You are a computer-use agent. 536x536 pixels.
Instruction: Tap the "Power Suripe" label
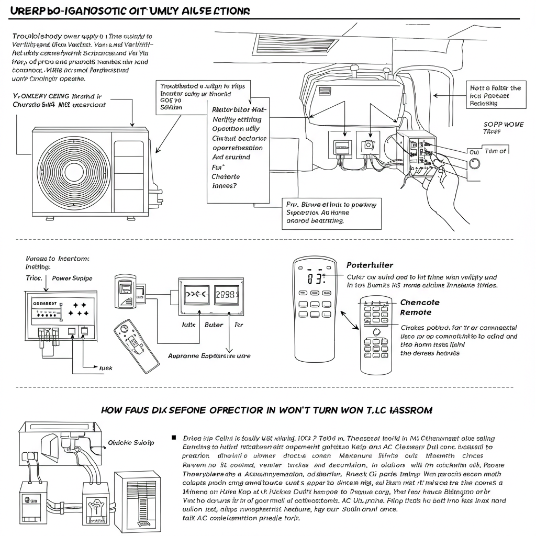tap(72, 278)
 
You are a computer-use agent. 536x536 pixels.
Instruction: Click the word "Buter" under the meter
tap(214, 325)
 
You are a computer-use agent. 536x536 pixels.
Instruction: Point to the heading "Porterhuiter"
tap(370, 265)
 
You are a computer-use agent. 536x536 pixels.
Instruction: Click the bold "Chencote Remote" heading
tap(419, 307)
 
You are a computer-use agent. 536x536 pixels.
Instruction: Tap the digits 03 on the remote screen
tap(314, 279)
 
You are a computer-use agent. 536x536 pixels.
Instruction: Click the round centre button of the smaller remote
tap(375, 332)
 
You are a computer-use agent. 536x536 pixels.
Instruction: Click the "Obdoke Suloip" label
tap(130, 442)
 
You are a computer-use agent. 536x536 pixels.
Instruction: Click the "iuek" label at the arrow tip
tap(106, 368)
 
